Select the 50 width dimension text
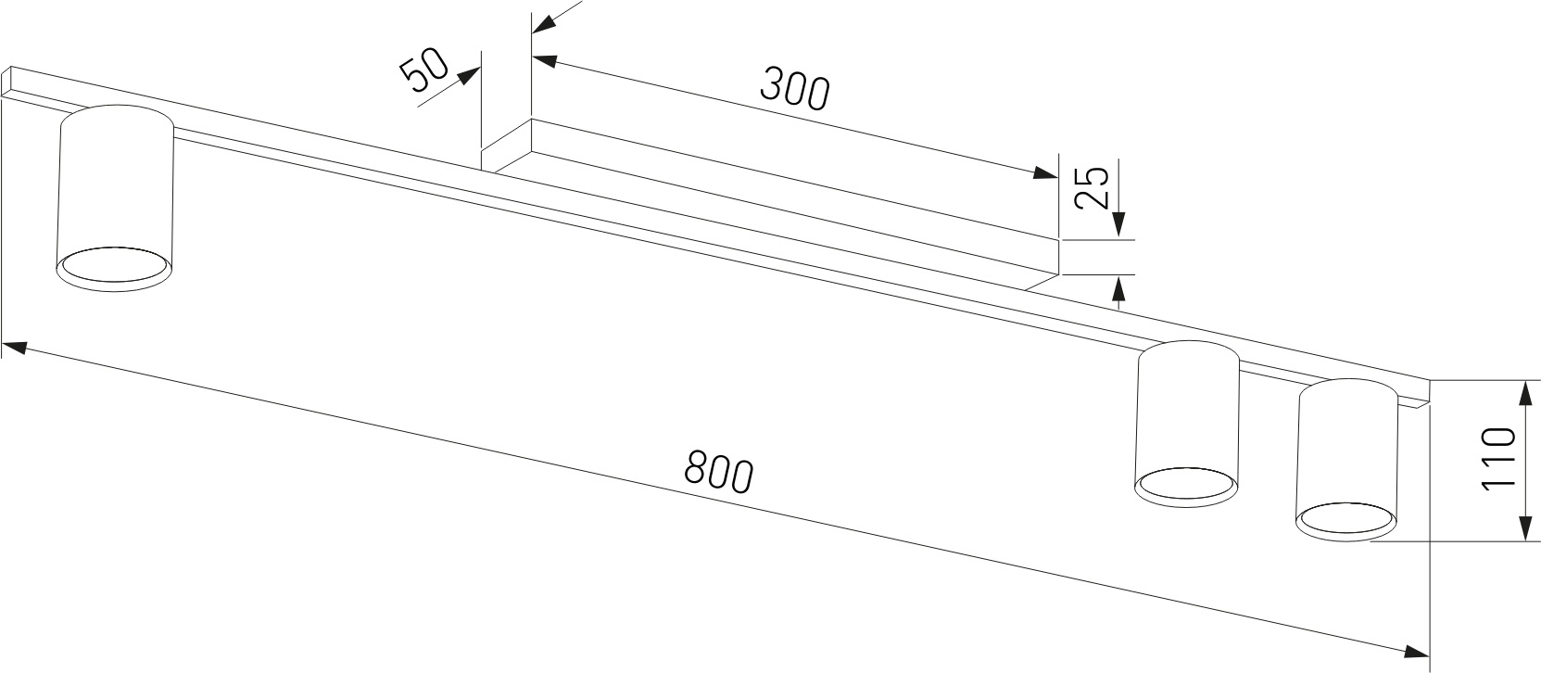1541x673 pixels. pyautogui.click(x=424, y=70)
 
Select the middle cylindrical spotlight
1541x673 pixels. pyautogui.click(x=1187, y=423)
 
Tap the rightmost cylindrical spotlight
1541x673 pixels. pyautogui.click(x=1345, y=460)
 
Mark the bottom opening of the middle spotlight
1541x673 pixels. pyautogui.click(x=1186, y=485)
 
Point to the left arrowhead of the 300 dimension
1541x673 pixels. pyautogui.click(x=546, y=61)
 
